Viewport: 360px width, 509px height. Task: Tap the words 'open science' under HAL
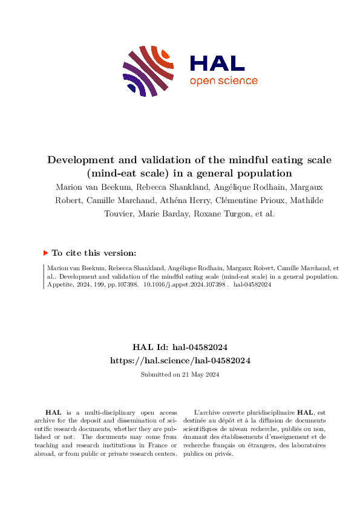coord(223,81)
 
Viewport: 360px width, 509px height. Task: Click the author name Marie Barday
coord(151,214)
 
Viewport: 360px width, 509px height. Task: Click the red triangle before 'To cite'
coord(45,254)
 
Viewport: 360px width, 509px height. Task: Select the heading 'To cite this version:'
coord(94,254)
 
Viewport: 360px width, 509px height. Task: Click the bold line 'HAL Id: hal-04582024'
coord(180,347)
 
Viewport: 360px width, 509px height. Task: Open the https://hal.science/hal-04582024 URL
coord(180,360)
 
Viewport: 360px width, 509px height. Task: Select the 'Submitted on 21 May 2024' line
coord(180,374)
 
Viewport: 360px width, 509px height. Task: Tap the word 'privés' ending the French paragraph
coord(221,453)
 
